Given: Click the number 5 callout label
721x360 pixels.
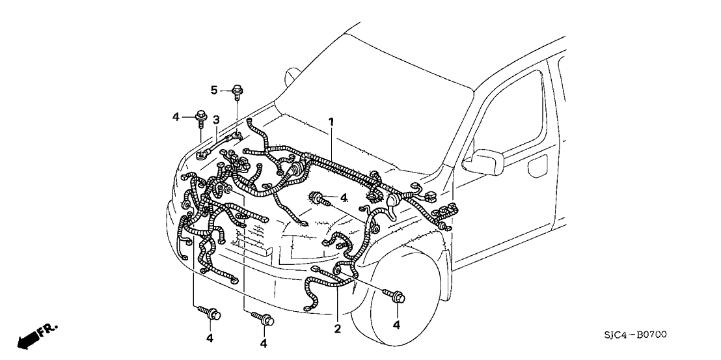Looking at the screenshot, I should click(213, 89).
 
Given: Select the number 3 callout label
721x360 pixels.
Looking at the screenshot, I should click(216, 120).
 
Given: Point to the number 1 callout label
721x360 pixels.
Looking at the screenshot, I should click(331, 121).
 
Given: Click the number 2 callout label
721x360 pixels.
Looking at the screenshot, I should click(337, 329).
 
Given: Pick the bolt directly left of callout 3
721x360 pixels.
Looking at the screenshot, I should click(201, 118).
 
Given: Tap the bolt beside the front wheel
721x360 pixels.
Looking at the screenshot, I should click(397, 298).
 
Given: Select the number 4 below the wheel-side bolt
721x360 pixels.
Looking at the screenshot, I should click(397, 324).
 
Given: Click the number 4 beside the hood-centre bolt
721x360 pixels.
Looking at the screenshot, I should click(343, 197).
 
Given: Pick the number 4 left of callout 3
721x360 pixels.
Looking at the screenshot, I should click(176, 117).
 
